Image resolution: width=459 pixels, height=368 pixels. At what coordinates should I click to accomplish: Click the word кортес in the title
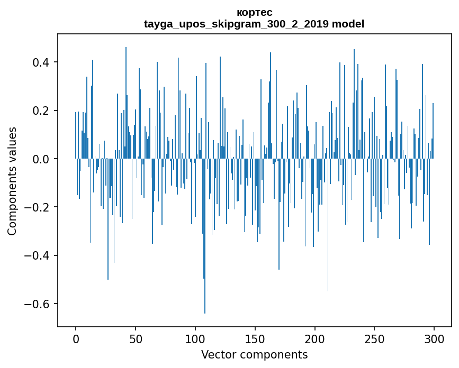pyautogui.click(x=254, y=12)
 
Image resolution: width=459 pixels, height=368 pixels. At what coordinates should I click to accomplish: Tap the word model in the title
pyautogui.click(x=347, y=24)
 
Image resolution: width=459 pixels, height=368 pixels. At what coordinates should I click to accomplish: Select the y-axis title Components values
pyautogui.click(x=12, y=181)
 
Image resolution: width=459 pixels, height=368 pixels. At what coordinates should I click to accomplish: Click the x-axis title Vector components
pyautogui.click(x=254, y=354)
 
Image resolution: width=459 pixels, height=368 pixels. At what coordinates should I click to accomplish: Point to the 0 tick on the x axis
pyautogui.click(x=76, y=338)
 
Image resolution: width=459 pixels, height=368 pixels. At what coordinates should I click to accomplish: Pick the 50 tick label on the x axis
pyautogui.click(x=136, y=338)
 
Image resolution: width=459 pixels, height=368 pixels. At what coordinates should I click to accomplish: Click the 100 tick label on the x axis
pyautogui.click(x=195, y=338)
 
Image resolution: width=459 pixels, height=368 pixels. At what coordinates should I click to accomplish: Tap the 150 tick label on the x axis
pyautogui.click(x=255, y=338)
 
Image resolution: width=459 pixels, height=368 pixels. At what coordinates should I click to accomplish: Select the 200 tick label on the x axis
pyautogui.click(x=315, y=338)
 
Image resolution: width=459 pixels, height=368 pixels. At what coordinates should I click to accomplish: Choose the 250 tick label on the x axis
pyautogui.click(x=375, y=338)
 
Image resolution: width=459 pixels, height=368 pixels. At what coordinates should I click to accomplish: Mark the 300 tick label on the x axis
pyautogui.click(x=435, y=338)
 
